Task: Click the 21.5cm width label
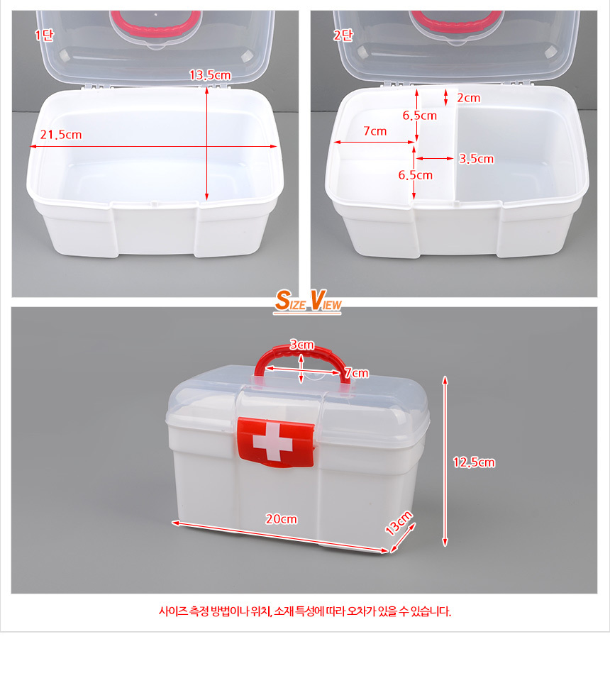pos(61,135)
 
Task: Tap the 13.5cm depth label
pos(211,75)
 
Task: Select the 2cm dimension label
pos(468,98)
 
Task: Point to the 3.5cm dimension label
pos(476,159)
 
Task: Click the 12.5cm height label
pos(474,462)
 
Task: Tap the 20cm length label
pos(281,519)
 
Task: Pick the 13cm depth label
pos(399,523)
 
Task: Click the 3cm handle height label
pos(301,345)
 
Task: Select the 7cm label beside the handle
pos(356,373)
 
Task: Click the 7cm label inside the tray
pos(375,131)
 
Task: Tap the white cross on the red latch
pos(272,443)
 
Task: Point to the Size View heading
pos(308,301)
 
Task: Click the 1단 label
pos(44,35)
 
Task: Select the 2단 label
pos(343,35)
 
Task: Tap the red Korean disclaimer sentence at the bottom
pos(305,611)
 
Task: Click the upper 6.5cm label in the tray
pos(420,116)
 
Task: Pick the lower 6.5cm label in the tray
pos(416,175)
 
